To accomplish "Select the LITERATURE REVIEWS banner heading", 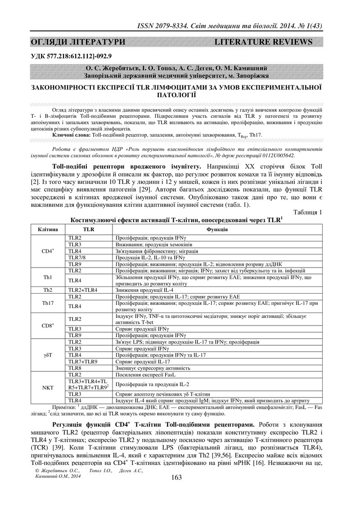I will click(263, 42).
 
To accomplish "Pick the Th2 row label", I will click(48, 290).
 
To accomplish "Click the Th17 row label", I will click(48, 303).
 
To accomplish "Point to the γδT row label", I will click(48, 355).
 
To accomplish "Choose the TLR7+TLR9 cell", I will click(82, 361).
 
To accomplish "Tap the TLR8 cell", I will click(75, 368).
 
